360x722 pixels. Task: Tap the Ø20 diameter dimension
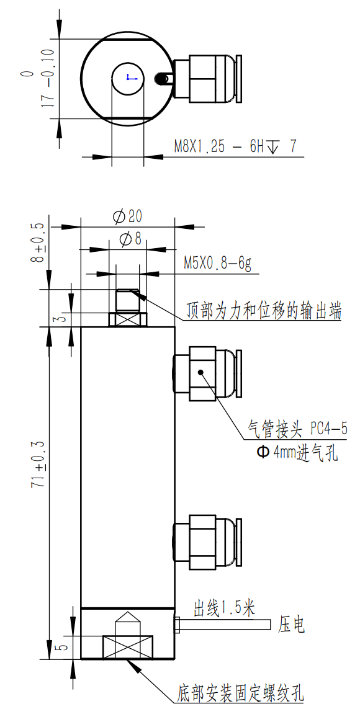coord(127,216)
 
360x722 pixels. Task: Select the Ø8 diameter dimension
coord(130,239)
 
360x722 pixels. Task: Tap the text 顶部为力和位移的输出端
coord(264,311)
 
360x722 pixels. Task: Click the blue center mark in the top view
coord(128,78)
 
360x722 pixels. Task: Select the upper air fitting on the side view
coord(205,372)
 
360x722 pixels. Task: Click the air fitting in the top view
coord(205,79)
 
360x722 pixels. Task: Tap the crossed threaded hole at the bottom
coord(127,647)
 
